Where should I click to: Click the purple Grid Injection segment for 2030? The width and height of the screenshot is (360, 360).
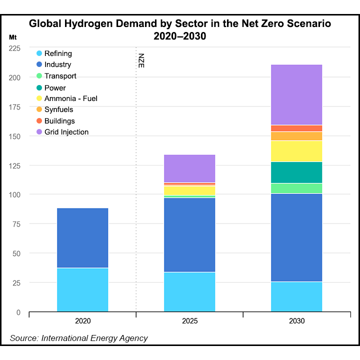coord(296,94)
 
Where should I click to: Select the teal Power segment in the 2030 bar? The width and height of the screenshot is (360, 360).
coord(296,172)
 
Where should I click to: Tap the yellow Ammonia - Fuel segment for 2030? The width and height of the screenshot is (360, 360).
coord(296,151)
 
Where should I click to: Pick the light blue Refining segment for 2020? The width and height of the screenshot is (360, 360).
coord(82,290)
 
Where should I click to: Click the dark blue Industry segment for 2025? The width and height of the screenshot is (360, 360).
coord(189,235)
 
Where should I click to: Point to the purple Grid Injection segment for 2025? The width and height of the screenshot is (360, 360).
coord(189,168)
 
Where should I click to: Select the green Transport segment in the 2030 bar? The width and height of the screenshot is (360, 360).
coord(296,188)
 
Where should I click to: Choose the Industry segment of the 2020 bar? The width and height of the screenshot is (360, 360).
coord(82,238)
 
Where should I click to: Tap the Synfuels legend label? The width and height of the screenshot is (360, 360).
coord(59,110)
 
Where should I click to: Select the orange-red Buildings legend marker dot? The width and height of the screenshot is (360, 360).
coord(39,121)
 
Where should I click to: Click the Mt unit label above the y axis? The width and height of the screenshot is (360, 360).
coord(13,37)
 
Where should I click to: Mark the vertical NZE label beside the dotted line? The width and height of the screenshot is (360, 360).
coord(141,59)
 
